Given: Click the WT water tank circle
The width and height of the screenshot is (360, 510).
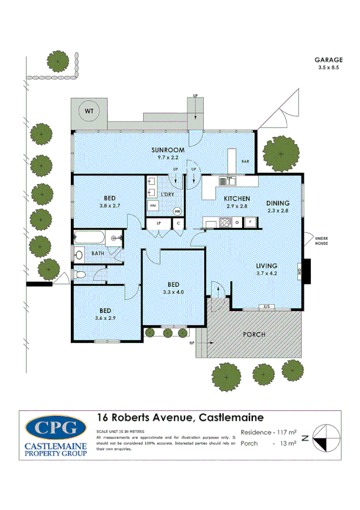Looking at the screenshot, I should pos(90,111).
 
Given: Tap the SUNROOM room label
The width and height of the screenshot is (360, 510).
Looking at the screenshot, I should pos(168,150).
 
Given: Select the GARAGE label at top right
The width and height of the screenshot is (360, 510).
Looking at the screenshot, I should pos(328,60).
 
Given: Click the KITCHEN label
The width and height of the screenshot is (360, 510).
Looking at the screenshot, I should pos(237,198).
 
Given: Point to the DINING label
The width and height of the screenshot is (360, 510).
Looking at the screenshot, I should pos(278,203).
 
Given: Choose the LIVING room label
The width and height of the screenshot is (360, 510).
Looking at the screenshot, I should pos(266,265).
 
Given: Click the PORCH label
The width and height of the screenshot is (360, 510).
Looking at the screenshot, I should pos(254,334).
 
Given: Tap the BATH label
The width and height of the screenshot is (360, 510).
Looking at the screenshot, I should pos(98,253).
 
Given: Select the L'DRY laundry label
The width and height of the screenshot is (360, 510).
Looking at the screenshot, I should pos(168,194).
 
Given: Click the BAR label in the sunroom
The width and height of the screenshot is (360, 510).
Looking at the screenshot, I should pos(245,162).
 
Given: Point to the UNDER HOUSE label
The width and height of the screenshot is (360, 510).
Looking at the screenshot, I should pos(324,241).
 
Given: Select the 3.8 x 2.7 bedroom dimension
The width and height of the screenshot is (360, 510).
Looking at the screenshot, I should pos(109,206).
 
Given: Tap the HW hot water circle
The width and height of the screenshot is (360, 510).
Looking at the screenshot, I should pos(177,211).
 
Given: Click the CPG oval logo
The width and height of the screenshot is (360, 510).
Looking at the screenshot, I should pos(56,428).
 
